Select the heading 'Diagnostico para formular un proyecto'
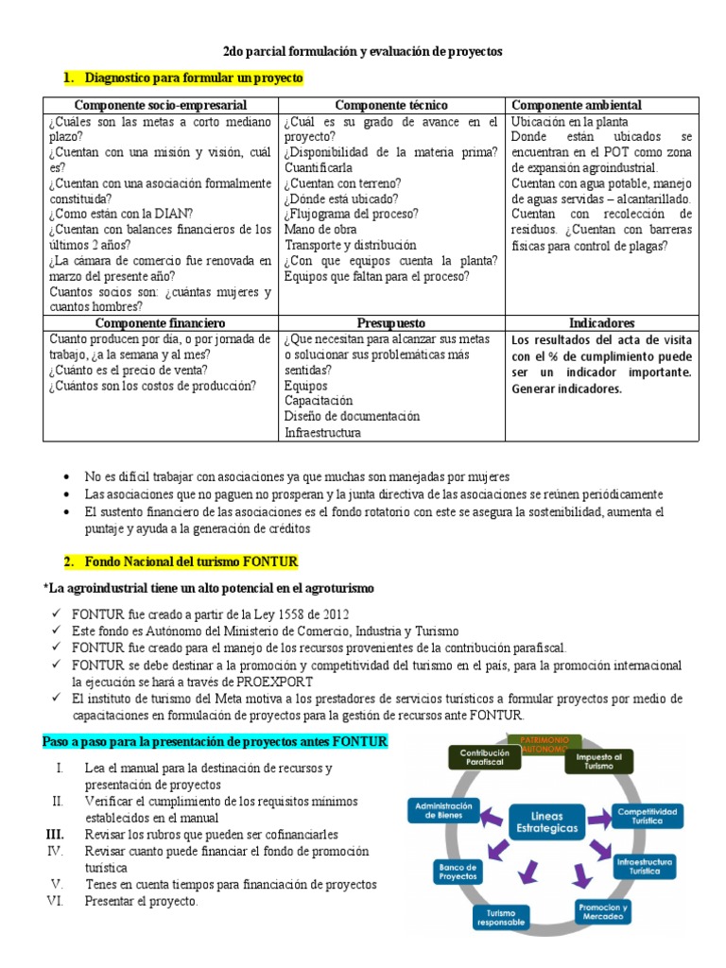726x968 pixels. (x=194, y=78)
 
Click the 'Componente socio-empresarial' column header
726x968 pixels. (x=161, y=105)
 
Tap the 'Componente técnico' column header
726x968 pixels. (x=391, y=105)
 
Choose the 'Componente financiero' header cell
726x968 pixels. (x=161, y=323)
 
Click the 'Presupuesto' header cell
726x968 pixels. (x=391, y=323)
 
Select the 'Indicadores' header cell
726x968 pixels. (x=602, y=323)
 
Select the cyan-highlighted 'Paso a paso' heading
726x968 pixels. (x=216, y=742)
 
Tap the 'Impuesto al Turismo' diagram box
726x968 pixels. (x=597, y=761)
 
